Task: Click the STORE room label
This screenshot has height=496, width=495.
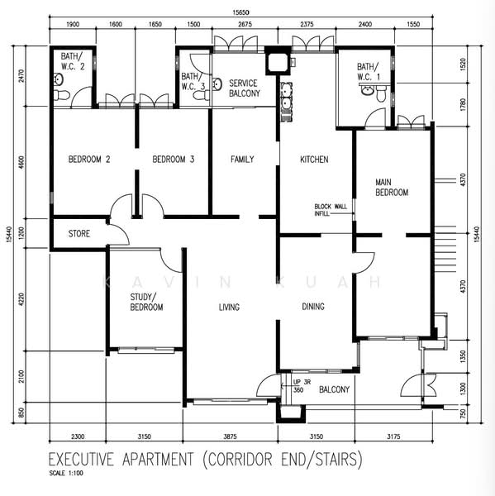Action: coord(79,234)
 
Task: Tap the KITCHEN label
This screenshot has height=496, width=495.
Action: coord(314,160)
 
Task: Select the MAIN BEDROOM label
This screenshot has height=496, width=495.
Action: coord(392,188)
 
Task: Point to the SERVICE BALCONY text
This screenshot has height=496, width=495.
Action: coord(245,88)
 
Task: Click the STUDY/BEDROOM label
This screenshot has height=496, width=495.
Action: coord(146,302)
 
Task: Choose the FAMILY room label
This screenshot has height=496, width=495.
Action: coord(242,159)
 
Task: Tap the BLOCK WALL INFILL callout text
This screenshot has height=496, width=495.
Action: coord(331,210)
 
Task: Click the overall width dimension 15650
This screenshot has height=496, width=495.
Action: coord(240,12)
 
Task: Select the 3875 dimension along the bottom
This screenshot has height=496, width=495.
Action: coord(230,436)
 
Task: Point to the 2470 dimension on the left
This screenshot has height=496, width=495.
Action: coord(21,76)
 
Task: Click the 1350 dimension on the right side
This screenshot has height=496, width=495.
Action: coord(463,356)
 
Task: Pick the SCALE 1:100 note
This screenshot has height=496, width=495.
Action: coord(66,473)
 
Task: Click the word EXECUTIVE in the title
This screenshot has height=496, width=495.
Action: coord(81,460)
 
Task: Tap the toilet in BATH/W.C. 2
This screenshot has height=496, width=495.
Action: coord(62,95)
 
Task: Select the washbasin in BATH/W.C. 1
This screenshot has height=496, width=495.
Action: coord(367,90)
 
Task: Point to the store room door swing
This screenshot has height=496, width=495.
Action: coord(119,232)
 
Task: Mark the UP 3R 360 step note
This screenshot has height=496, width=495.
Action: coord(302,386)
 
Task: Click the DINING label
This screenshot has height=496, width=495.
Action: coord(313,307)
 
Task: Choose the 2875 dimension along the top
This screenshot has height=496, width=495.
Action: coord(245,24)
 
